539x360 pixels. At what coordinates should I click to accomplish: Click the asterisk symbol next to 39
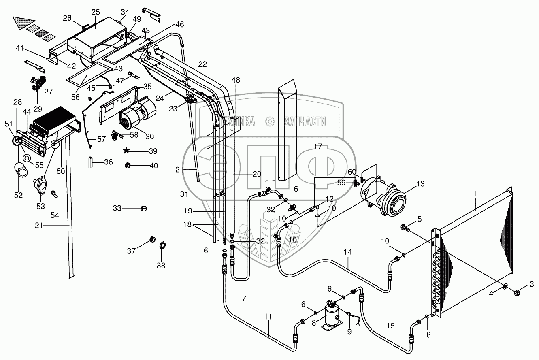pyautogui.click(x=127, y=151)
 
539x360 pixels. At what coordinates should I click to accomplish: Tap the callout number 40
pyautogui.click(x=153, y=166)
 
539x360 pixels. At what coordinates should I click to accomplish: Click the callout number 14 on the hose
pyautogui.click(x=347, y=252)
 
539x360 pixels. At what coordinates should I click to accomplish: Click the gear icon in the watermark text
pyautogui.click(x=269, y=121)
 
